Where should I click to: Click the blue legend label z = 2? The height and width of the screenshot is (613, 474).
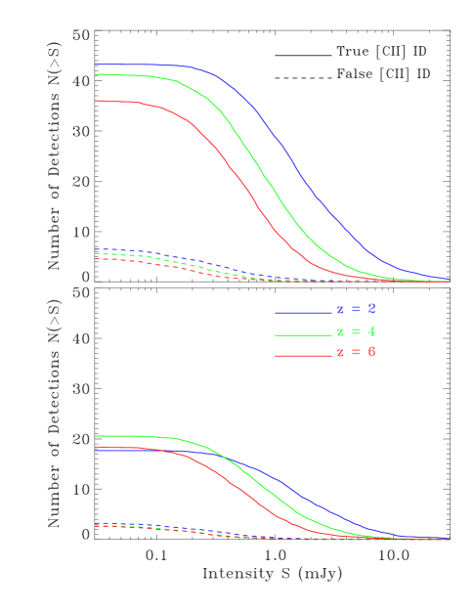point(357,309)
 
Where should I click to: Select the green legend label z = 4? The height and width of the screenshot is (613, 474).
point(357,331)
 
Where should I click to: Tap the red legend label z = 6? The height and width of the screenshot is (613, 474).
point(357,352)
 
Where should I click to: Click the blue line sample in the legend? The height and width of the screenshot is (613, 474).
point(303,313)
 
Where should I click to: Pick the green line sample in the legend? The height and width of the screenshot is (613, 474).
point(303,334)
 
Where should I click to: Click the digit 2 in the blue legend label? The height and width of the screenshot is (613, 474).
point(372,309)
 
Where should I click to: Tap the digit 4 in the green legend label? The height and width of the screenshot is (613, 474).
point(372,331)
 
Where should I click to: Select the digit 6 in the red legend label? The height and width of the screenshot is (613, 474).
point(372,352)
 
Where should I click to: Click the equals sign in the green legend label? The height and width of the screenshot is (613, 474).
point(357,332)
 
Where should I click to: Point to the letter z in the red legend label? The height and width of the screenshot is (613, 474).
point(341,353)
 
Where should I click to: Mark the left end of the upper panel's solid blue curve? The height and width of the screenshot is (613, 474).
point(96,65)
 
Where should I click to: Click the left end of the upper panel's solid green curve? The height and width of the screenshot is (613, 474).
point(96,74)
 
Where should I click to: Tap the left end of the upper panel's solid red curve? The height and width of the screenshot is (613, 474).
point(96,101)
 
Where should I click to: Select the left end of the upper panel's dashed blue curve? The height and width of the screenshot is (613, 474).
point(96,249)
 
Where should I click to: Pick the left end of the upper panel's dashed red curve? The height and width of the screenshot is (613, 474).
point(96,259)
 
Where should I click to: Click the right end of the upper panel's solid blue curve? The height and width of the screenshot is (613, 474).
point(450,279)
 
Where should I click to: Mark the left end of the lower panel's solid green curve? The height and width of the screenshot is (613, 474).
point(96,436)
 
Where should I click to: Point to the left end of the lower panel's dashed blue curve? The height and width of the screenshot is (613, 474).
point(96,523)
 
